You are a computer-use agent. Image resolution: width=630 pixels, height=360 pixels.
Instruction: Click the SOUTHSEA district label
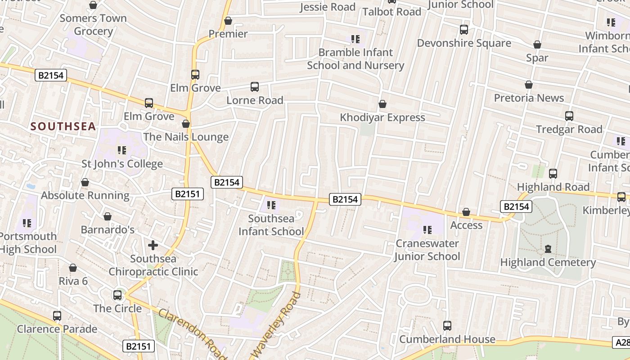click(63, 126)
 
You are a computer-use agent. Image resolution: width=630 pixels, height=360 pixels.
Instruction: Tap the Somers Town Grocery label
click(93, 25)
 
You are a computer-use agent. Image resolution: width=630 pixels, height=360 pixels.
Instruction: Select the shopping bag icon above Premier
click(228, 21)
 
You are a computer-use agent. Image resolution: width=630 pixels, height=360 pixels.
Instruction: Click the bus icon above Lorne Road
click(255, 87)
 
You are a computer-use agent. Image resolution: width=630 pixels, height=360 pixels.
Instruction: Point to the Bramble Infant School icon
click(355, 39)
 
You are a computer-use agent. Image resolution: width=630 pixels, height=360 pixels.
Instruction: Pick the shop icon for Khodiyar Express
click(382, 104)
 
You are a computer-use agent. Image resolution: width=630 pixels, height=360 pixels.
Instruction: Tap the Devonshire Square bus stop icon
click(464, 30)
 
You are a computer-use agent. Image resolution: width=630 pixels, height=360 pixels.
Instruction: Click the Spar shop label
click(537, 58)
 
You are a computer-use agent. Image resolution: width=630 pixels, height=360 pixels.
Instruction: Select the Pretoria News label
click(529, 98)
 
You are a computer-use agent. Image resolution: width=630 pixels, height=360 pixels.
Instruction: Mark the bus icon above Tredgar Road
click(569, 116)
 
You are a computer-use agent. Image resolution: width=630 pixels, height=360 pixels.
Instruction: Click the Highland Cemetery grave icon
click(548, 249)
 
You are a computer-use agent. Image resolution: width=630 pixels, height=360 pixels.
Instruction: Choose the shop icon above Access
click(466, 212)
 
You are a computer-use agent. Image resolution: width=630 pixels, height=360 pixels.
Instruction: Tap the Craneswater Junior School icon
click(427, 230)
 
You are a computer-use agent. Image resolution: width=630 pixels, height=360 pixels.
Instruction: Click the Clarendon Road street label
click(192, 333)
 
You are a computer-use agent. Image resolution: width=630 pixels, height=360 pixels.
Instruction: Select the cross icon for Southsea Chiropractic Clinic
click(153, 245)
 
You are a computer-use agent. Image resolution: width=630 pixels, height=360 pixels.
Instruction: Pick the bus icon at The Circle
click(117, 295)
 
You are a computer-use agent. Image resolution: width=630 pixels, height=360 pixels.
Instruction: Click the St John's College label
click(122, 164)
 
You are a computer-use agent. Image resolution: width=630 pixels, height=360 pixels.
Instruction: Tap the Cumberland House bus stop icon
click(447, 326)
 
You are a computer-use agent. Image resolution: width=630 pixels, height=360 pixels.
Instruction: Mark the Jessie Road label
click(327, 7)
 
